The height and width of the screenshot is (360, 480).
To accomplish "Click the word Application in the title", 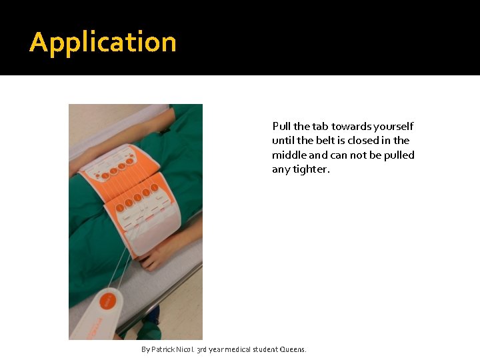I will [x=103, y=43].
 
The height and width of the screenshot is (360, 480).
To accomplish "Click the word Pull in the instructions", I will [x=281, y=126].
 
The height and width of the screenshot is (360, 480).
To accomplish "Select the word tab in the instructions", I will [x=321, y=126].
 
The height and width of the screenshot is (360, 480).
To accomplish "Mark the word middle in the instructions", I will [x=289, y=155].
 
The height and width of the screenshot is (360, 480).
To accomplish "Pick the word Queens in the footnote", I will [x=294, y=349].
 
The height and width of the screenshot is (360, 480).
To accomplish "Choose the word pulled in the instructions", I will [x=399, y=155].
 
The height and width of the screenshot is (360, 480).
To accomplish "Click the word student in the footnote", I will [x=269, y=349].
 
